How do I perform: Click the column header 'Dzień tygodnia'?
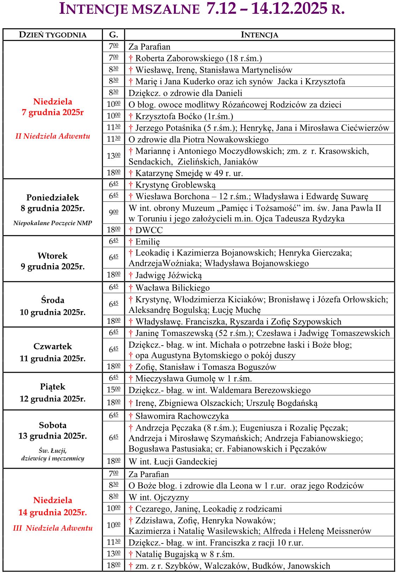53,35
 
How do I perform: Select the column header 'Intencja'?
259,35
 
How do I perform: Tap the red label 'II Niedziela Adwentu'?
53,136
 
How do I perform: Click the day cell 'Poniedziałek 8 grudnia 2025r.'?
53,203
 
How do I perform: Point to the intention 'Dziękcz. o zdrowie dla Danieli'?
185,93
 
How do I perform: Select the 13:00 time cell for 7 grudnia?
114,156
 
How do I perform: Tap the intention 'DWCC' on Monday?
149,230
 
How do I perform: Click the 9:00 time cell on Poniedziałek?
114,212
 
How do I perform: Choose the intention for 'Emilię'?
148,242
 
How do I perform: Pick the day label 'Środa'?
53,300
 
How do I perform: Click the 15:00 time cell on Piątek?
114,390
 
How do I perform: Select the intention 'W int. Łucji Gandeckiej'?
173,462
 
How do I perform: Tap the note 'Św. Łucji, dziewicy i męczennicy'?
53,455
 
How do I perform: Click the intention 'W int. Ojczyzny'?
159,497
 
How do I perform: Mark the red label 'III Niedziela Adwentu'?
53,528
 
